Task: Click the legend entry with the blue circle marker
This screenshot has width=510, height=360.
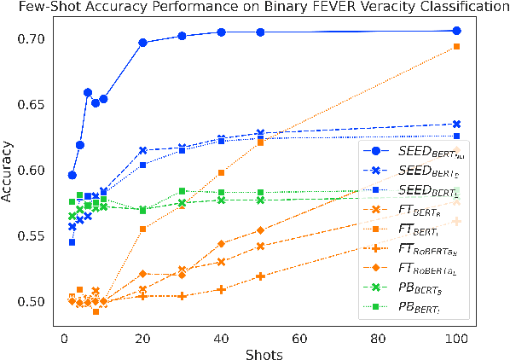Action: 418,151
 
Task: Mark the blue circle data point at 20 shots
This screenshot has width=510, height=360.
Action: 142,43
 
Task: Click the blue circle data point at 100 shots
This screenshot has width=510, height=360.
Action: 456,31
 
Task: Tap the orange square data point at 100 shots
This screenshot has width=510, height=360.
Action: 456,46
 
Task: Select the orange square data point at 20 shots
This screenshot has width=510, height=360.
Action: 142,229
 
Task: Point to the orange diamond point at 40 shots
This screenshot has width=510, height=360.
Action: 221,244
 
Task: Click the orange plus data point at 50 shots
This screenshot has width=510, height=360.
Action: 260,276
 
